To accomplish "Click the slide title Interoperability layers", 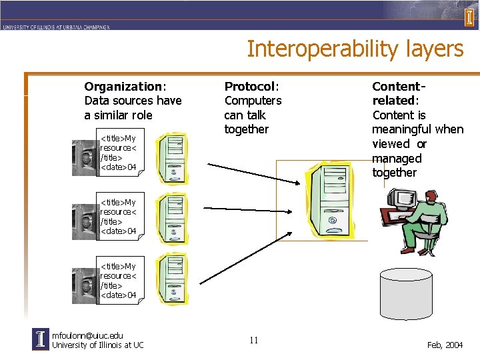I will tap(355, 49).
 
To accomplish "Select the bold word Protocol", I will tap(249, 87).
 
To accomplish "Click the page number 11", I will tap(253, 341).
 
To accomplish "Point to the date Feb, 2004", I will tap(445, 345).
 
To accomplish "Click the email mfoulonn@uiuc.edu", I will tap(87, 335).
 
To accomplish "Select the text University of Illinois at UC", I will tap(97, 345).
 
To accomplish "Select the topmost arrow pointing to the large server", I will tap(253, 173).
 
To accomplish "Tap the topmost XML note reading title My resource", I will tap(119, 153).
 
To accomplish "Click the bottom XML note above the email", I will tap(119, 281).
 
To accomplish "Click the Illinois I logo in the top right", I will tap(469, 18).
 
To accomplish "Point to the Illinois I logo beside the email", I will tap(41, 340).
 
